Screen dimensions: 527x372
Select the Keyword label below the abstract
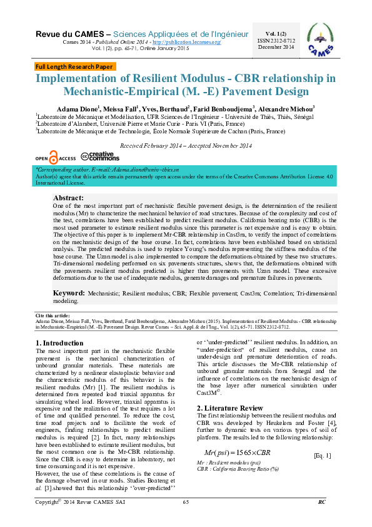pyautogui.click(x=69, y=292)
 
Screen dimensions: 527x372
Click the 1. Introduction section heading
pyautogui.click(x=59, y=343)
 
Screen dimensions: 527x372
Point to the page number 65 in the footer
pyautogui.click(x=186, y=519)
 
